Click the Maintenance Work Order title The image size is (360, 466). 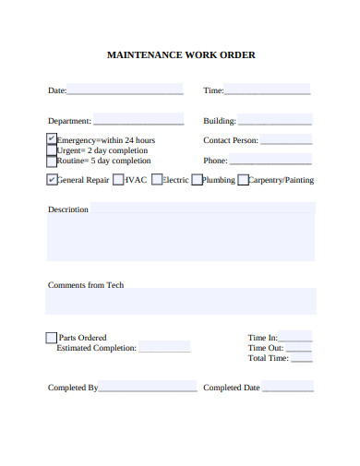(x=181, y=54)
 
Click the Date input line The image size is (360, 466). (x=125, y=90)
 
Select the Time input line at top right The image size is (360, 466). (x=267, y=90)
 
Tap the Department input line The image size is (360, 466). (x=138, y=121)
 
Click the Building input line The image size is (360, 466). (x=274, y=121)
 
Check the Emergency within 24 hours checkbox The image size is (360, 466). (x=51, y=139)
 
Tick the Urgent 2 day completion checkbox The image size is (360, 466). (x=51, y=149)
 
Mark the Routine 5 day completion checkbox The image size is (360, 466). (x=51, y=160)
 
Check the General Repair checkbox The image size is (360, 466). (x=52, y=180)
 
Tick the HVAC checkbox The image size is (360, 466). (x=117, y=180)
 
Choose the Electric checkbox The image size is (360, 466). (x=157, y=180)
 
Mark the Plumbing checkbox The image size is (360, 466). (x=197, y=180)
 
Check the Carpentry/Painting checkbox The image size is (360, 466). (x=243, y=180)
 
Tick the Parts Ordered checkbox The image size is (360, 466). (x=51, y=338)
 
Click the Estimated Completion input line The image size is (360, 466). (x=164, y=349)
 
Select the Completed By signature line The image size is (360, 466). (x=148, y=388)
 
